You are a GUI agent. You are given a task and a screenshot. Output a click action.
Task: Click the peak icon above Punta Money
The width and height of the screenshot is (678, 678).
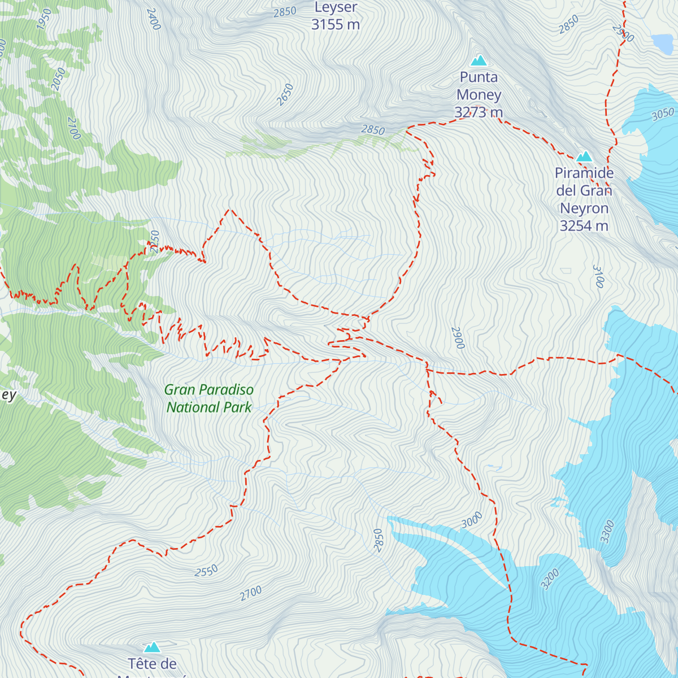479,60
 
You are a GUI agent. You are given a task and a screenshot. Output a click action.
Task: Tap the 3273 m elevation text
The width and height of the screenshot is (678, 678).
479,112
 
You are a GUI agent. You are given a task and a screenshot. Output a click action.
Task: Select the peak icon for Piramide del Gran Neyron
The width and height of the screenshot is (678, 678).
584,156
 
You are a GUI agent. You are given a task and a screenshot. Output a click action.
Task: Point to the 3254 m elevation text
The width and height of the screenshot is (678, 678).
584,226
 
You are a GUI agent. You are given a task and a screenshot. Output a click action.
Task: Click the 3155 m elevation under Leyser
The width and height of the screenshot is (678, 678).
336,24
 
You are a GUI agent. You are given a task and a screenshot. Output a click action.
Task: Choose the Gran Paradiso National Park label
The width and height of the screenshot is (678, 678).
209,398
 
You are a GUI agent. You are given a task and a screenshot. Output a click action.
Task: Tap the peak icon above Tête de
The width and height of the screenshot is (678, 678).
152,647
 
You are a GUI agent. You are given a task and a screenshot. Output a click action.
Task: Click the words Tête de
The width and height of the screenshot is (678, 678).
152,664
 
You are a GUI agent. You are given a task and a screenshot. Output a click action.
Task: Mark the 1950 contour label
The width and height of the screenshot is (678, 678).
44,19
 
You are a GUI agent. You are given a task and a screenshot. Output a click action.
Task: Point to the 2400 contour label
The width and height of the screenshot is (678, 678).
153,19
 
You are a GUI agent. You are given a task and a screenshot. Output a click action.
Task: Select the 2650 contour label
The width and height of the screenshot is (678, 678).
285,94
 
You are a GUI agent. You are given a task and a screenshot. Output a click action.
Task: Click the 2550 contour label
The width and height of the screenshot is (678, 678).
206,571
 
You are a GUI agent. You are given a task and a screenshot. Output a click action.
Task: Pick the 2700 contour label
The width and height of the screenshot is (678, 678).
251,593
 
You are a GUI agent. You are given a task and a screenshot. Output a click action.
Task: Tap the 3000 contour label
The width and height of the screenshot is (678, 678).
472,520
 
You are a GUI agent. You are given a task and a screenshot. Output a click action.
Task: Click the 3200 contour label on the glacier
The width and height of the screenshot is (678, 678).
550,579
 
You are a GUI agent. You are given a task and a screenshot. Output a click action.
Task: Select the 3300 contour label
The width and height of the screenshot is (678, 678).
607,532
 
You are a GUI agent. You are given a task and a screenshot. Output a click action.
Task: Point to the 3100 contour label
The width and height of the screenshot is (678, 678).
599,276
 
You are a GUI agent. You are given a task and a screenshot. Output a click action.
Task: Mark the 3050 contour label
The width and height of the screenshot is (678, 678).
663,115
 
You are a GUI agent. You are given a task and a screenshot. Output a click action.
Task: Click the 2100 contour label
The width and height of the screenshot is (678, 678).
74,128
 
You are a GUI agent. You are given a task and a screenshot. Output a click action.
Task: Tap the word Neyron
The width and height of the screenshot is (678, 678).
584,208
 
